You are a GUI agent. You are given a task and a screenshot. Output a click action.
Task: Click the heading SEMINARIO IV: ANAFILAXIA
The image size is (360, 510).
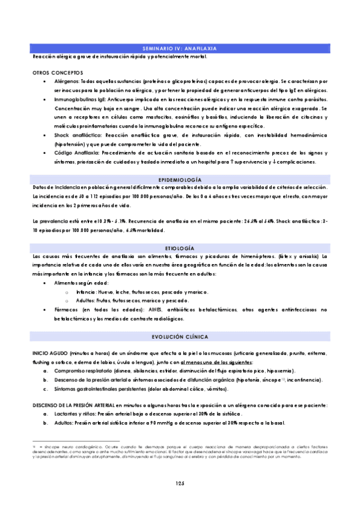[x=180, y=48]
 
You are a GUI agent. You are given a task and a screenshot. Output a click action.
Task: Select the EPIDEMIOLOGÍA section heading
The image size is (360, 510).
[x=180, y=180]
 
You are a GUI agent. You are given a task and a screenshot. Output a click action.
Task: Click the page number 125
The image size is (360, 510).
[x=180, y=484]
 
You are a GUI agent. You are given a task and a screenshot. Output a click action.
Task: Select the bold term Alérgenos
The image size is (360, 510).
[x=66, y=81]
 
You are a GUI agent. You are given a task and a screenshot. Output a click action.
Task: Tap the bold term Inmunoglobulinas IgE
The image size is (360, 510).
[x=78, y=99]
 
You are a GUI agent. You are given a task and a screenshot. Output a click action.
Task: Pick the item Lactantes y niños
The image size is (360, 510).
[x=75, y=414]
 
